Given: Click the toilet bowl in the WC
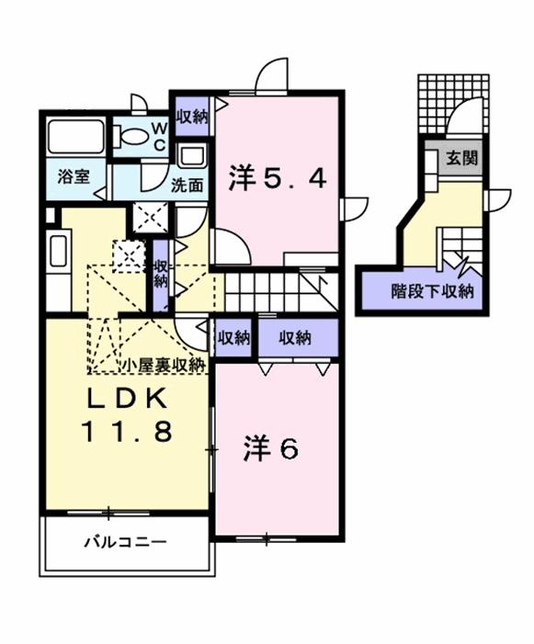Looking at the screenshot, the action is (x=131, y=136).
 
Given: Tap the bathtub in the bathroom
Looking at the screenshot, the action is (x=75, y=136).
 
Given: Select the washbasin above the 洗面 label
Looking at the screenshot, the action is (x=191, y=156).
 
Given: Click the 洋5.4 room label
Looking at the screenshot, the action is (x=278, y=178).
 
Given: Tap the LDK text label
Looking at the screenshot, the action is (x=127, y=398).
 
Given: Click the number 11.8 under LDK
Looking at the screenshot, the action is (x=127, y=431).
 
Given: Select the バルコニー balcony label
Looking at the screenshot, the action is (x=125, y=543).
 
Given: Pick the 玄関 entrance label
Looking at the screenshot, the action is (x=462, y=158).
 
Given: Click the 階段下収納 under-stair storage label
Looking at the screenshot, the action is (x=432, y=291).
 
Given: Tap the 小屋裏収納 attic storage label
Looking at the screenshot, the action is (x=163, y=365).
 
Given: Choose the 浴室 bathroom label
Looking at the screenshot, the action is (x=74, y=176).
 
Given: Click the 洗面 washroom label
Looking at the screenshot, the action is (x=187, y=186).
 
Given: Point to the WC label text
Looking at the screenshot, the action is (x=159, y=136).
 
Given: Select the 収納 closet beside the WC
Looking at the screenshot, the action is (x=193, y=117).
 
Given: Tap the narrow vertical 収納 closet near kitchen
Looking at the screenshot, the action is (x=161, y=275).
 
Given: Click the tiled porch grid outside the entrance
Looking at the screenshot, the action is (x=453, y=105).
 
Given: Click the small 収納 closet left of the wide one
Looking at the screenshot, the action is (x=233, y=338).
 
